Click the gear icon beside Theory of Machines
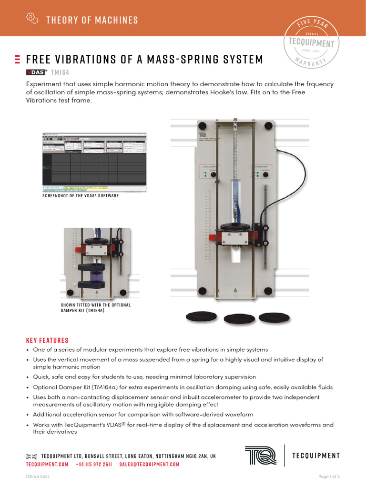31,18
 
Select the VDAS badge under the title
35,72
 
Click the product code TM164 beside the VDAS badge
60,72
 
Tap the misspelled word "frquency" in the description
319,84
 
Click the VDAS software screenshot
95,163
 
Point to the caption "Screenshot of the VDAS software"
81,196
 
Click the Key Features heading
47,340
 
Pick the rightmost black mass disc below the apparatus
274,316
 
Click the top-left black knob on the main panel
202,126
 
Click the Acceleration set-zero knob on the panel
213,175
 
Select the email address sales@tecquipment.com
149,465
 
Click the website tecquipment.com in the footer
47,465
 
